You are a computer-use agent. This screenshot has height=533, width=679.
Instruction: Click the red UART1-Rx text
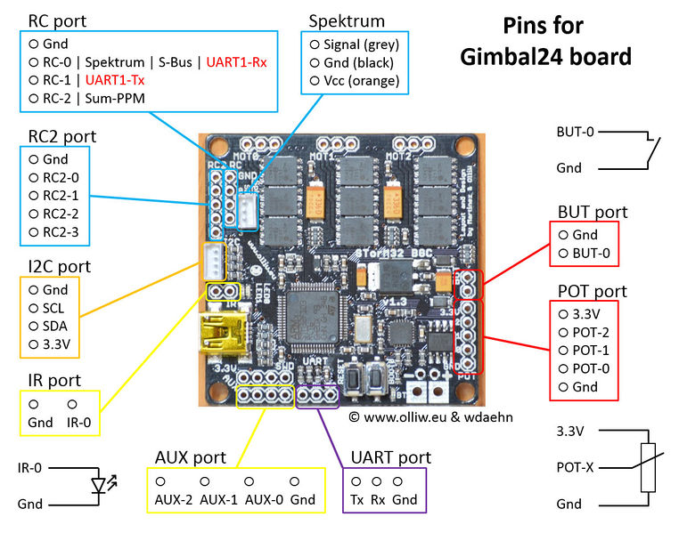(x=236, y=61)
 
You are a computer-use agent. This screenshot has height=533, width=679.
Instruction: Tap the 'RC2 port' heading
(x=62, y=137)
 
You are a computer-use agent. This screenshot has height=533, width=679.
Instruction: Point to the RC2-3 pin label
(x=61, y=232)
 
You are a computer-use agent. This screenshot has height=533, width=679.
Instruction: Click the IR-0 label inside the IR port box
(x=80, y=423)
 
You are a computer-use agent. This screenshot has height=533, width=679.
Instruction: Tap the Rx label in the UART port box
(x=379, y=499)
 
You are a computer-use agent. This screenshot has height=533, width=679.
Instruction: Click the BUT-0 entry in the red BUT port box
(x=592, y=254)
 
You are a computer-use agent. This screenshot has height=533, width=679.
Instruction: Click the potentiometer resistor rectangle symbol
(x=647, y=467)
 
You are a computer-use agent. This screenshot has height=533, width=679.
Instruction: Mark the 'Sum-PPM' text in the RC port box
(x=119, y=98)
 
